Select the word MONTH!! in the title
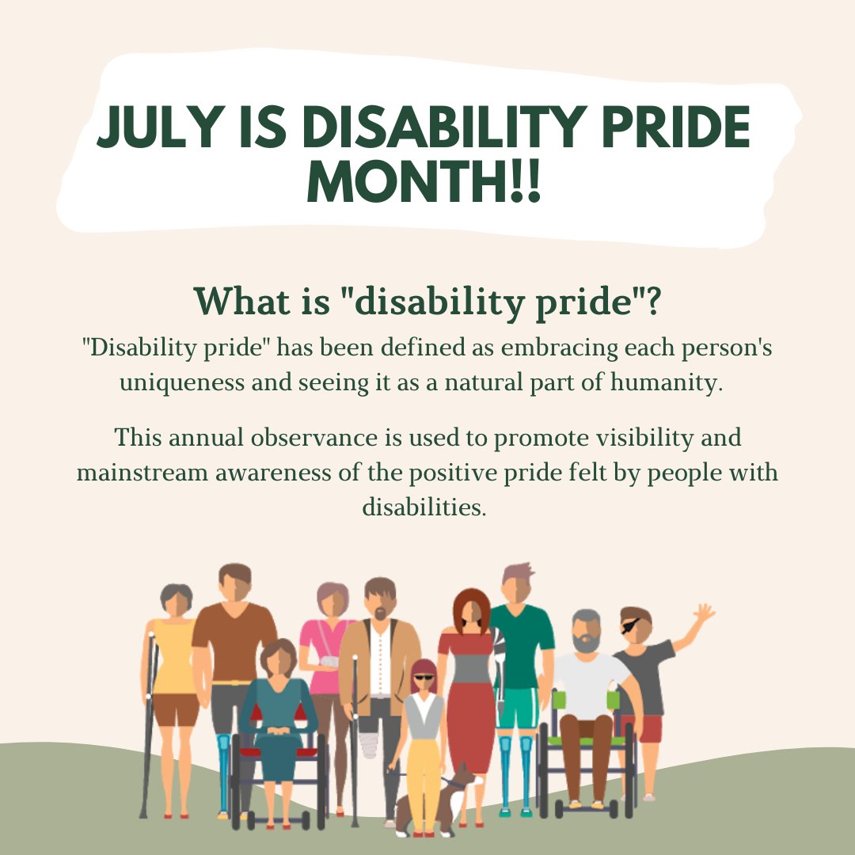(x=424, y=184)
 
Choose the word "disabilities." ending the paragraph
(x=424, y=507)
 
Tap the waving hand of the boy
(x=703, y=613)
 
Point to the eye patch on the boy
(x=631, y=625)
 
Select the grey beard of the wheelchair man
(x=587, y=642)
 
